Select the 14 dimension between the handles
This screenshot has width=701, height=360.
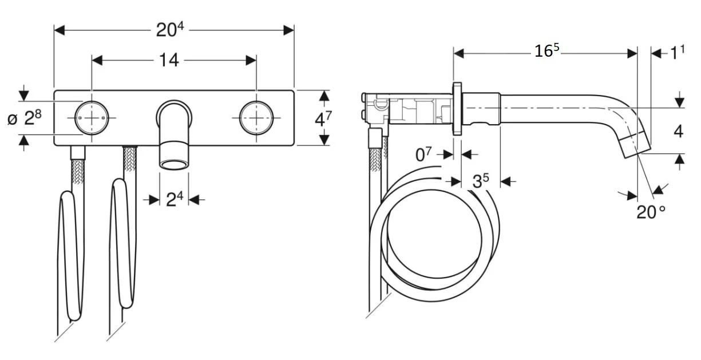[168, 60]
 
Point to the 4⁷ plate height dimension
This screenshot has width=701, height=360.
[324, 119]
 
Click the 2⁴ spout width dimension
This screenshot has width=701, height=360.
[174, 199]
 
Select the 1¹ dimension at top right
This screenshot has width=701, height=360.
[678, 53]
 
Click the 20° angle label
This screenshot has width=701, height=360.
[651, 212]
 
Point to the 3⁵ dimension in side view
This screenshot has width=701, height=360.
[481, 181]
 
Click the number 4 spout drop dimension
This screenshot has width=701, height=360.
[678, 131]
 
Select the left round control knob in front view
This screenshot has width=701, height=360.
[92, 117]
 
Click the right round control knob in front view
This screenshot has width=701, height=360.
[256, 117]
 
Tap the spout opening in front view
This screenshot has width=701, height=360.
[174, 165]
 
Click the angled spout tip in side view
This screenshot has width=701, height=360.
[636, 144]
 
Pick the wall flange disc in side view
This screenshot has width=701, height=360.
[457, 109]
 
